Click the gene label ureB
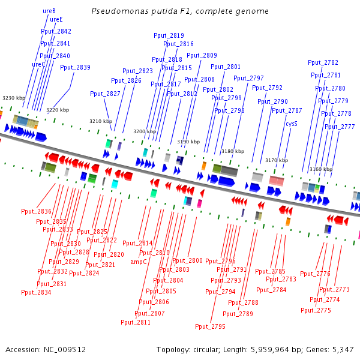[49, 11]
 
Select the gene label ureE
[56, 20]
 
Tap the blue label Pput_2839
[75, 67]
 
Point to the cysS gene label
[292, 124]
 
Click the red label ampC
[139, 262]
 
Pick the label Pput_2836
[36, 211]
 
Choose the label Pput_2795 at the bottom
[210, 326]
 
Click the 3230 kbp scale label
[14, 98]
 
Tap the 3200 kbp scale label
[145, 131]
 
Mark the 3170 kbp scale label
[277, 160]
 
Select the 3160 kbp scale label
[321, 169]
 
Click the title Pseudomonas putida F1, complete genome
[180, 11]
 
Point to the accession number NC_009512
[65, 350]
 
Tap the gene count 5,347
[343, 350]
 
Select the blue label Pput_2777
[340, 127]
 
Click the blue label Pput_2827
[105, 94]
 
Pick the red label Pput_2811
[136, 322]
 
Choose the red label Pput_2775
[316, 310]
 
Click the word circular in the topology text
[206, 350]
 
